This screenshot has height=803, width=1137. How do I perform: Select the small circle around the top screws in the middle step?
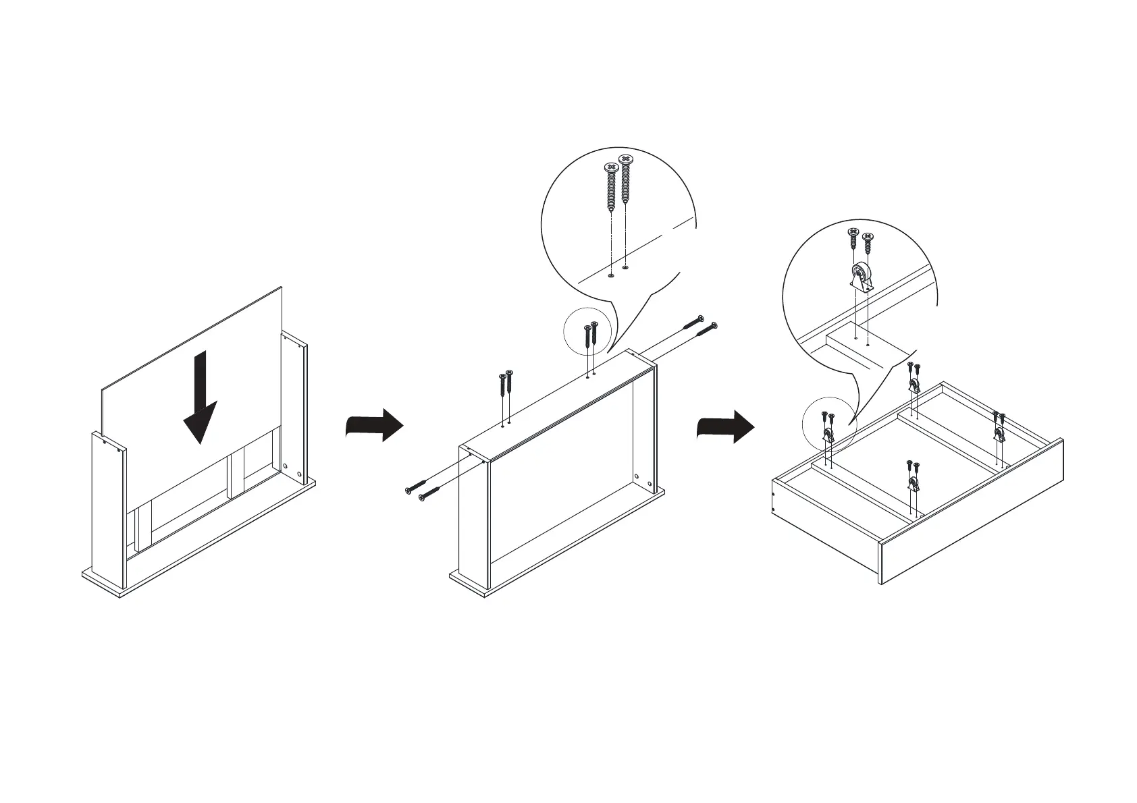(x=587, y=333)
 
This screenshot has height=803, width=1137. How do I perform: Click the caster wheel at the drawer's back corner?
(x=914, y=386)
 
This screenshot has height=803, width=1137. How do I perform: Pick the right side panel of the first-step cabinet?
(x=295, y=405)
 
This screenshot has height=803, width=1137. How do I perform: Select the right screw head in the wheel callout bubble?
(x=868, y=237)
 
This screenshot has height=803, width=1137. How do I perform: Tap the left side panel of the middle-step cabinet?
(x=473, y=520)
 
